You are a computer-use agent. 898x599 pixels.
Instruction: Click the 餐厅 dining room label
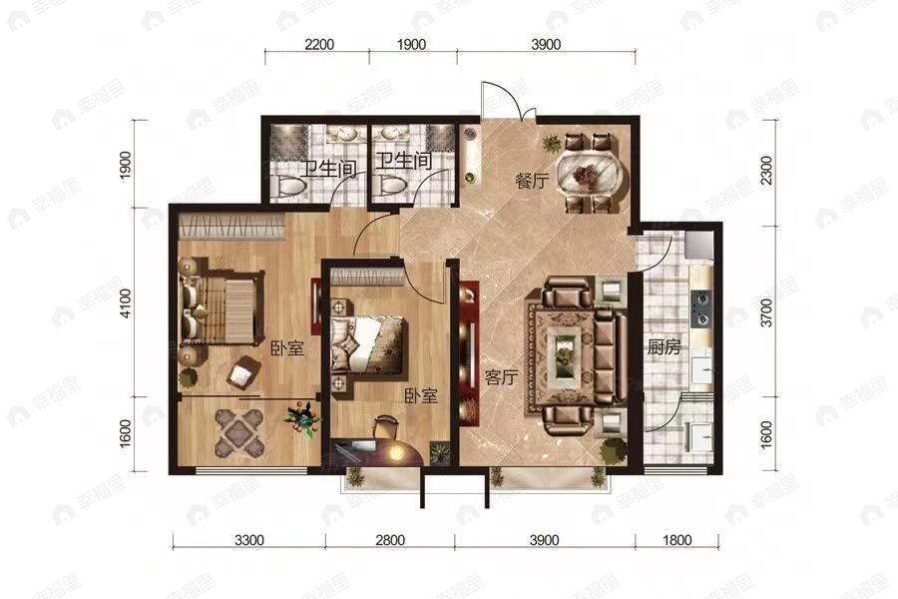532,182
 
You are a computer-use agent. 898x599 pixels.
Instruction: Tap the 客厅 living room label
501,377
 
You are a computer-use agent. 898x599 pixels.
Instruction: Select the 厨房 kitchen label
665,346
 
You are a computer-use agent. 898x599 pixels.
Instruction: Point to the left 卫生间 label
329,169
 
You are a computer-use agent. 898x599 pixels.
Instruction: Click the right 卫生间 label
404,161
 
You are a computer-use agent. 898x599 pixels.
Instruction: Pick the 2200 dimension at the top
319,44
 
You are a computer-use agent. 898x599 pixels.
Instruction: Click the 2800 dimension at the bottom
390,540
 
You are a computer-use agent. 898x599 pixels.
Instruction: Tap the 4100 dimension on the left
126,303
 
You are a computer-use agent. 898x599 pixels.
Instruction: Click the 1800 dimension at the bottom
676,540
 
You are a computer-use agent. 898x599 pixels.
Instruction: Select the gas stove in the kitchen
701,308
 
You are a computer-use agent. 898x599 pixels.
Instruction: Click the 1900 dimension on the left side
126,164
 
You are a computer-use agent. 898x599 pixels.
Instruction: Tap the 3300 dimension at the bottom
249,540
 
